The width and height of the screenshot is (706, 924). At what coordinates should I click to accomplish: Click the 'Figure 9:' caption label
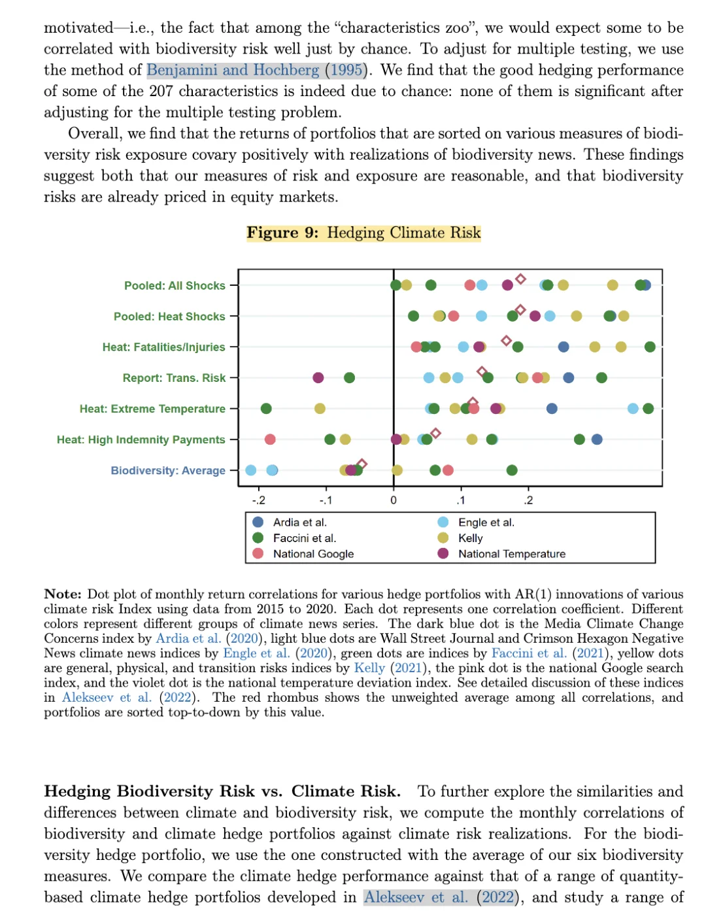tap(282, 233)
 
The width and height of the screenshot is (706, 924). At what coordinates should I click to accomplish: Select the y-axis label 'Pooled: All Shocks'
tap(175, 286)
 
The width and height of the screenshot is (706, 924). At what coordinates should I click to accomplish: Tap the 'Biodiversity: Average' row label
tap(168, 471)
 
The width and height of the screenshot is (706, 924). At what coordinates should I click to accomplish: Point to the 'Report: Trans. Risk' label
tap(174, 378)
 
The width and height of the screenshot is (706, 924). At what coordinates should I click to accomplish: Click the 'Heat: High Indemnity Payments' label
tap(141, 440)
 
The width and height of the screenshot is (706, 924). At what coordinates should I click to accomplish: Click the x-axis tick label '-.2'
tap(259, 501)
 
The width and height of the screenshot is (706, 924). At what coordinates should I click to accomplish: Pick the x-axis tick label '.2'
tap(528, 501)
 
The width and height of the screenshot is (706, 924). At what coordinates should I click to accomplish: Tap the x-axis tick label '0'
tap(394, 501)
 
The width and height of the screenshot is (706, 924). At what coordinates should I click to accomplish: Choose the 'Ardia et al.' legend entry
tap(299, 522)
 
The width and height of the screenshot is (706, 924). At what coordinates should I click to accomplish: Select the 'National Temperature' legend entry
tap(511, 554)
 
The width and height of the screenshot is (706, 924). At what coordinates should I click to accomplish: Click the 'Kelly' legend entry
tap(470, 538)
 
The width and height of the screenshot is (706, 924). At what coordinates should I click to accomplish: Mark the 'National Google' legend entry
tap(313, 554)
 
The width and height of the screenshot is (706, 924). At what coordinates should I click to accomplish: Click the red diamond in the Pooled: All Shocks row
tap(520, 279)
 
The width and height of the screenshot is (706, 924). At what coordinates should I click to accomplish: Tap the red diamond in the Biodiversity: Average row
tap(362, 464)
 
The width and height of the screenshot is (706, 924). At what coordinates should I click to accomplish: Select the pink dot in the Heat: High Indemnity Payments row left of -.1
tap(270, 439)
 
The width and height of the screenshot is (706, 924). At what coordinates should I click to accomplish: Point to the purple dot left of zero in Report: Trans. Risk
tap(318, 377)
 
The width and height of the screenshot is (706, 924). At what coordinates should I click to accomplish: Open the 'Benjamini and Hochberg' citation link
tap(233, 70)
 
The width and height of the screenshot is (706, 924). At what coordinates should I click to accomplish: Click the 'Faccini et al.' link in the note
tap(529, 653)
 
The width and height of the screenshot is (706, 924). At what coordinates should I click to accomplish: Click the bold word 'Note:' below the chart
tap(63, 594)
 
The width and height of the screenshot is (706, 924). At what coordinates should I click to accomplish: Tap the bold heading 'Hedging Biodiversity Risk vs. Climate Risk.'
tap(222, 791)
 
